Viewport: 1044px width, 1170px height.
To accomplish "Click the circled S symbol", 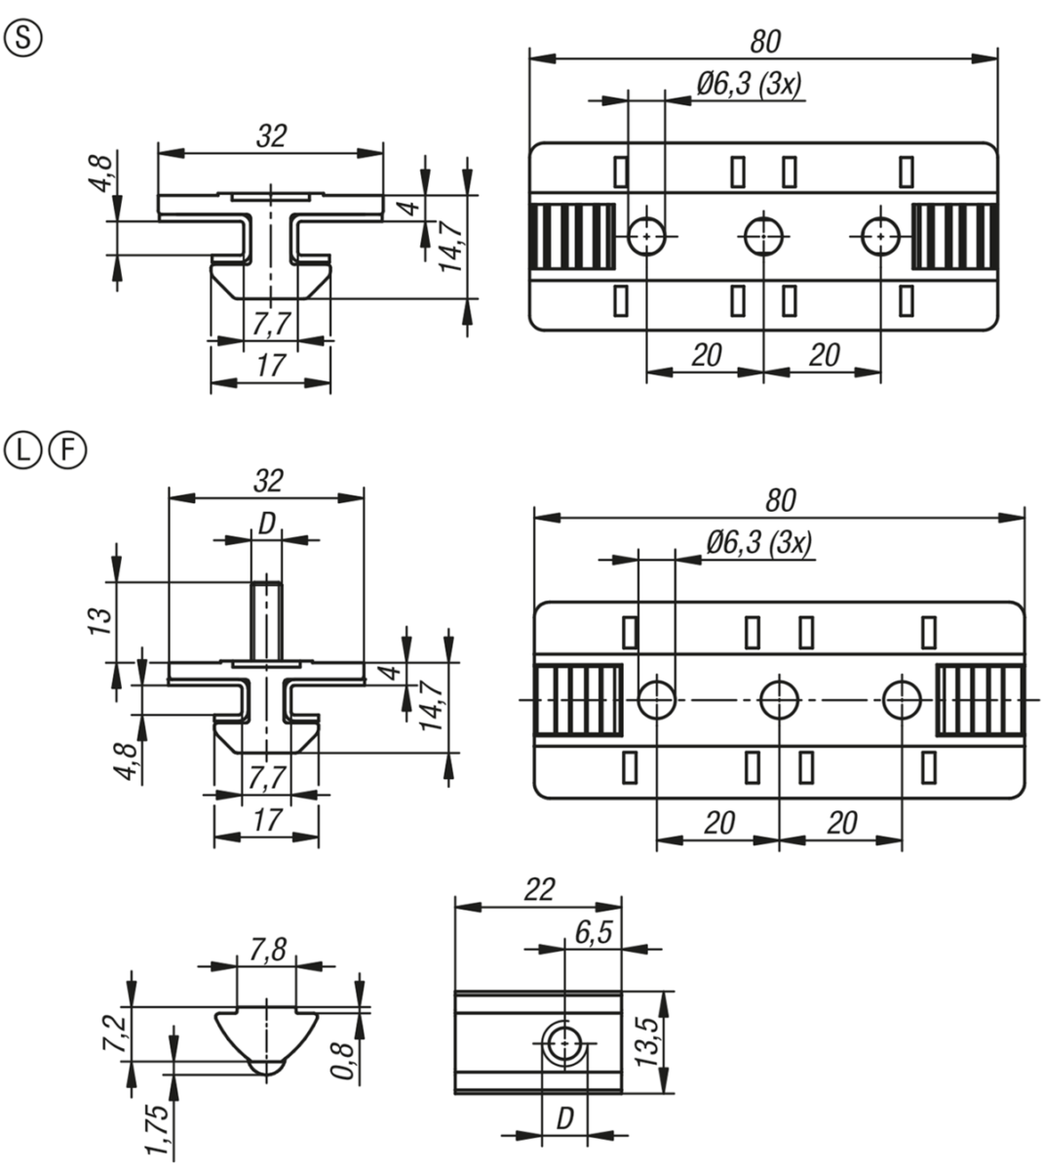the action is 23,39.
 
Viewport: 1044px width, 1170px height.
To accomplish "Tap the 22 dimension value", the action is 539,890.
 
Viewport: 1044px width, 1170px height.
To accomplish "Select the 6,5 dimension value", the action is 594,933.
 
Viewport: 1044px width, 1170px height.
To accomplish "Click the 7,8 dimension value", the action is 267,950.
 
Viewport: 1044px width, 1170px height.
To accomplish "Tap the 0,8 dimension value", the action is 342,1062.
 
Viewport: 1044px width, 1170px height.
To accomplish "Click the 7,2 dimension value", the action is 115,1033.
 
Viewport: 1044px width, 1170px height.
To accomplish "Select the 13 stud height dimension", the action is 99,621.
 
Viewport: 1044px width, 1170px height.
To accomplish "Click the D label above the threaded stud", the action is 267,525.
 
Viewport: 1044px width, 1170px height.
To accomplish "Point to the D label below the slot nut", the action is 564,1118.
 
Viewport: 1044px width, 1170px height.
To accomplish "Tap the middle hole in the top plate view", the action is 763,236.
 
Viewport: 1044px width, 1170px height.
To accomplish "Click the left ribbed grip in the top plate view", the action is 572,236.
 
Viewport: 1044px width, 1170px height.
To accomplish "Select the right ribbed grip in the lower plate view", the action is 980,700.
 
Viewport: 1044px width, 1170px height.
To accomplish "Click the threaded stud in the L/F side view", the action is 266,621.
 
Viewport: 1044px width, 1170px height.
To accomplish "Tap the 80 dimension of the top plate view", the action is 765,42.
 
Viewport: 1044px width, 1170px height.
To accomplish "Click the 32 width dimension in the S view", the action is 271,136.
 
